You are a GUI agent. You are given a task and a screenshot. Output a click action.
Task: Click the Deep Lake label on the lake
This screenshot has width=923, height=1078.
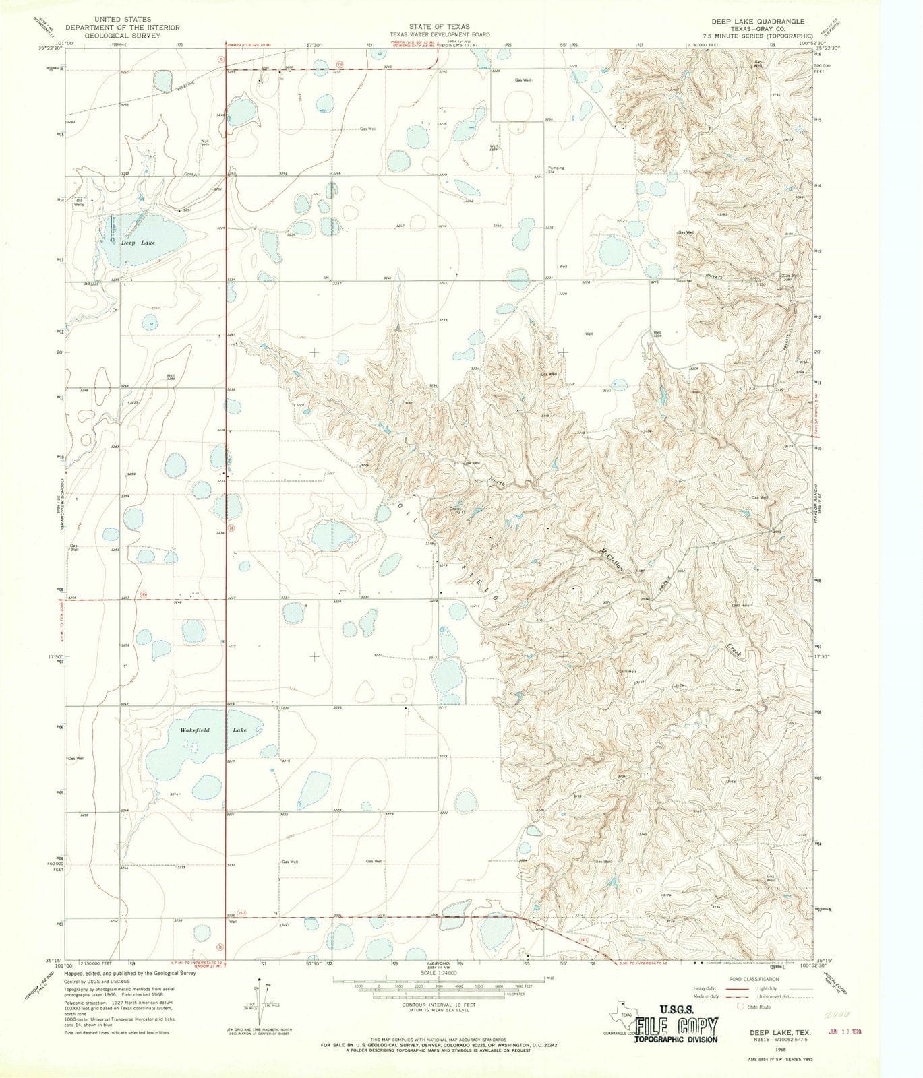133,244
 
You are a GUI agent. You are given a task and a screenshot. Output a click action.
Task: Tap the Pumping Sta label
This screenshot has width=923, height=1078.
556,170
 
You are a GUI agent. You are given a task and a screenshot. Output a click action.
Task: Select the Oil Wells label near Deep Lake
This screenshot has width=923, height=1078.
80,202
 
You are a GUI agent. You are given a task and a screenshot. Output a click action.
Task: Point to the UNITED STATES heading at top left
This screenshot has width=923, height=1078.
123,20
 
